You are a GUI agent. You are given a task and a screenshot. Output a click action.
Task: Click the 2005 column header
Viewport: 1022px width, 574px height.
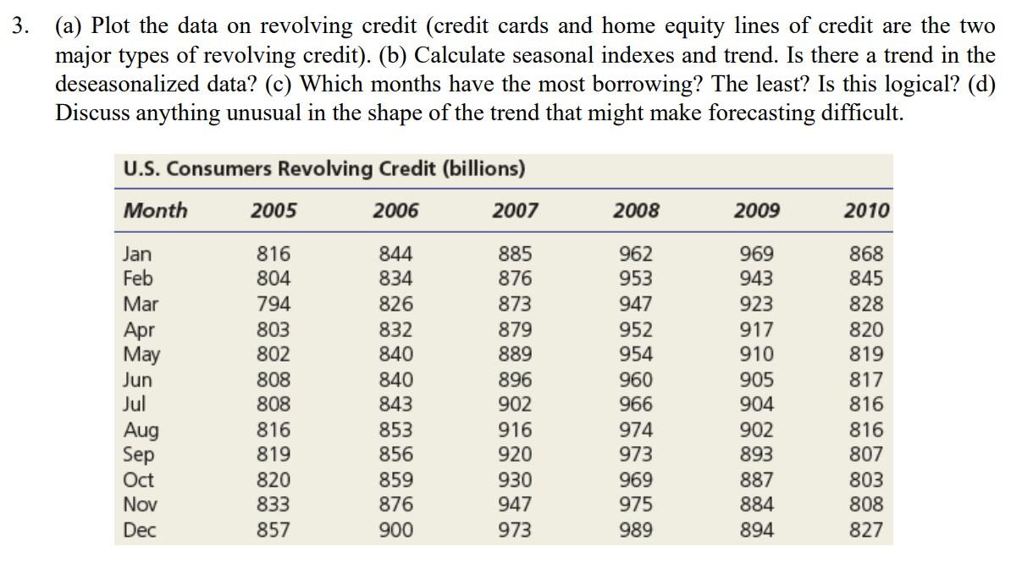click(273, 211)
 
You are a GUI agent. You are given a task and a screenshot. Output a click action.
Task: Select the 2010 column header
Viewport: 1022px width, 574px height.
click(866, 211)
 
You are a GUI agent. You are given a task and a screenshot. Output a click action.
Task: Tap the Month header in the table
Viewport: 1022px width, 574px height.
click(155, 211)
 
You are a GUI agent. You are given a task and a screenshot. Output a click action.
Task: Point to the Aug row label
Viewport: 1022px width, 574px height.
click(141, 431)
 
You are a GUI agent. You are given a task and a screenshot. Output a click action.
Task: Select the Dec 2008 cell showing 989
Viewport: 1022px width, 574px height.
click(636, 531)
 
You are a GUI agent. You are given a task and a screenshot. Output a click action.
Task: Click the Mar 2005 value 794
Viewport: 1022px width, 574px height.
click(273, 304)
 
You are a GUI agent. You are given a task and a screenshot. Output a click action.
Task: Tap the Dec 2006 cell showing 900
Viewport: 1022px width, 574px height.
click(396, 531)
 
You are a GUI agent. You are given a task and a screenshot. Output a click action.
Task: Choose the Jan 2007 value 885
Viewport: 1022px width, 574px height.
click(515, 253)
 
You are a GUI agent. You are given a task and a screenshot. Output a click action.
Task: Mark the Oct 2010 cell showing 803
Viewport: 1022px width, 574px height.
click(866, 480)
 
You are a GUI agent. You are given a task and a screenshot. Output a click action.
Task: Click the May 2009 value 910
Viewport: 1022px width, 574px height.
click(756, 354)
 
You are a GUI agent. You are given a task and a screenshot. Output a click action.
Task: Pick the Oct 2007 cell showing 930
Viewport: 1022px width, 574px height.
click(515, 480)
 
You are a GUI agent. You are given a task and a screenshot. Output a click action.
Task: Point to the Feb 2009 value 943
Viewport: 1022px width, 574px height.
click(756, 278)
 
